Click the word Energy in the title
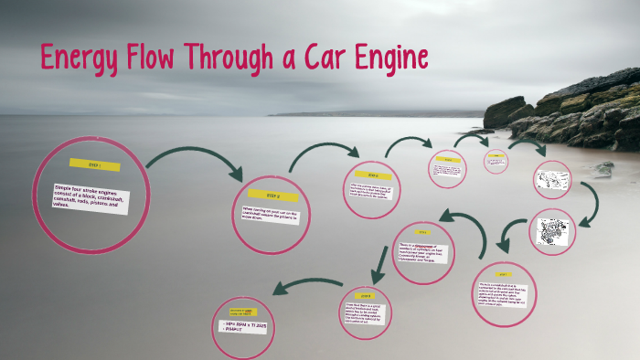(x=79, y=59)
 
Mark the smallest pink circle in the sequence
(x=496, y=161)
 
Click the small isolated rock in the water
(x=603, y=168)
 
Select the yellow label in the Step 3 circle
(x=372, y=175)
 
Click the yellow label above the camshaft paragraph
(x=503, y=273)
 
